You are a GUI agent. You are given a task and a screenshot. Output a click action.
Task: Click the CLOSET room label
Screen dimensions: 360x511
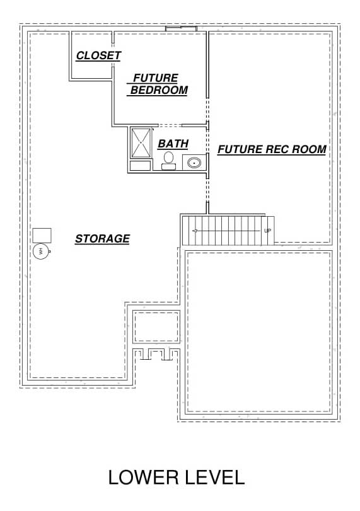click(98, 55)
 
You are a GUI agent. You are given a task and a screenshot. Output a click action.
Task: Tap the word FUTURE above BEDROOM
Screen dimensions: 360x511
click(156, 78)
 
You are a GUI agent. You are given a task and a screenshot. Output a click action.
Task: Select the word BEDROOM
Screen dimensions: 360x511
click(159, 90)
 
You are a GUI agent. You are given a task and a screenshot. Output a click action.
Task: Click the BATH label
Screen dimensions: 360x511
click(173, 144)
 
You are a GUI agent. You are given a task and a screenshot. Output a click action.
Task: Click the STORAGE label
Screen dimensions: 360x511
click(102, 239)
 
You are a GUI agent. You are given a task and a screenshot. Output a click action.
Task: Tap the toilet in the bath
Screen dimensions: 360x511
click(168, 161)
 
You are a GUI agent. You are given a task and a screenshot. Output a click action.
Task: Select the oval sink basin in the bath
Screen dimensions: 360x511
click(194, 162)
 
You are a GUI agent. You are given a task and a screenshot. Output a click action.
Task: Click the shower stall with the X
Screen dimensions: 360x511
click(141, 143)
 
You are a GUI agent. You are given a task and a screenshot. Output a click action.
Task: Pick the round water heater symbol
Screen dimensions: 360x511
click(41, 251)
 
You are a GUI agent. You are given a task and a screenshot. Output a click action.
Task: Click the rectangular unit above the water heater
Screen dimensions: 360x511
click(42, 235)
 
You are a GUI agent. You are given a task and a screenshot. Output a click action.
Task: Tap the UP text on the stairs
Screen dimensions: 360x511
click(268, 231)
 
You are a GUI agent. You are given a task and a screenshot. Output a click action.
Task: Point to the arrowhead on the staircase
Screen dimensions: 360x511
click(195, 231)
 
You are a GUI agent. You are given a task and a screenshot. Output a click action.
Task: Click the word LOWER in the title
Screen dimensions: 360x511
click(143, 478)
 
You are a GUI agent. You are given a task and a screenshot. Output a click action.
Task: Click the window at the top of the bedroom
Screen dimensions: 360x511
click(181, 29)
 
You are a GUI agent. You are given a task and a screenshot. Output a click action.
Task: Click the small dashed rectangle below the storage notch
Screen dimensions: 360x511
click(156, 327)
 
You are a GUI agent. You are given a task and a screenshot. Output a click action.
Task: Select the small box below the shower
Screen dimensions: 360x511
click(140, 166)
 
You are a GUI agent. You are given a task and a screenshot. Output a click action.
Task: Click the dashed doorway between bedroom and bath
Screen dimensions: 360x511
click(170, 125)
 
